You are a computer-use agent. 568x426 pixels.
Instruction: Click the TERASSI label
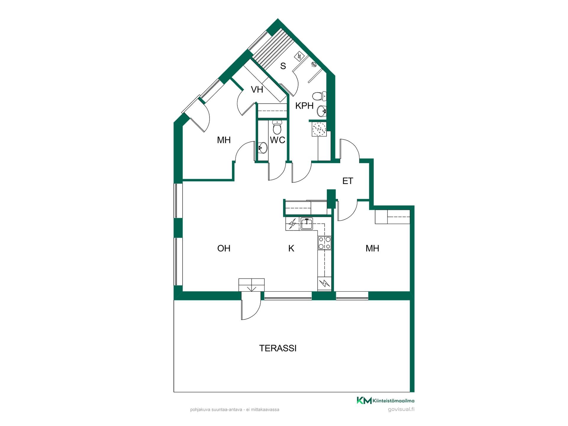tap(278, 348)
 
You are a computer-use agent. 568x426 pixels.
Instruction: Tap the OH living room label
tap(224, 248)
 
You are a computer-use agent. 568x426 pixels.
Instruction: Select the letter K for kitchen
tap(291, 248)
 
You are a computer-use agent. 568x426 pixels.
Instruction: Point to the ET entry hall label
tap(348, 181)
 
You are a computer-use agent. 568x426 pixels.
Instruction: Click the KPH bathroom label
tap(304, 106)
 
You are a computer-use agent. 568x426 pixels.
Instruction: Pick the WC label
tap(277, 140)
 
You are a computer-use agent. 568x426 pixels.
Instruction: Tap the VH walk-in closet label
tap(257, 89)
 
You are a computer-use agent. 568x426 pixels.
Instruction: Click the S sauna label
tap(283, 66)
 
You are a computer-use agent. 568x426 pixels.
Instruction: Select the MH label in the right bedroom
tap(372, 248)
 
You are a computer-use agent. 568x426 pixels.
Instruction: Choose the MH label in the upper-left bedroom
tap(224, 140)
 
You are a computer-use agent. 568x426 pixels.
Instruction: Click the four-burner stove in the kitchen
tap(325, 243)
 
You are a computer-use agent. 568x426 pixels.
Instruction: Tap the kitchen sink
tap(307, 223)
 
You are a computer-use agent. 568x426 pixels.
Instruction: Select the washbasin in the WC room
tap(262, 147)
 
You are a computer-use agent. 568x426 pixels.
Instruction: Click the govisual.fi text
tap(401, 409)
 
